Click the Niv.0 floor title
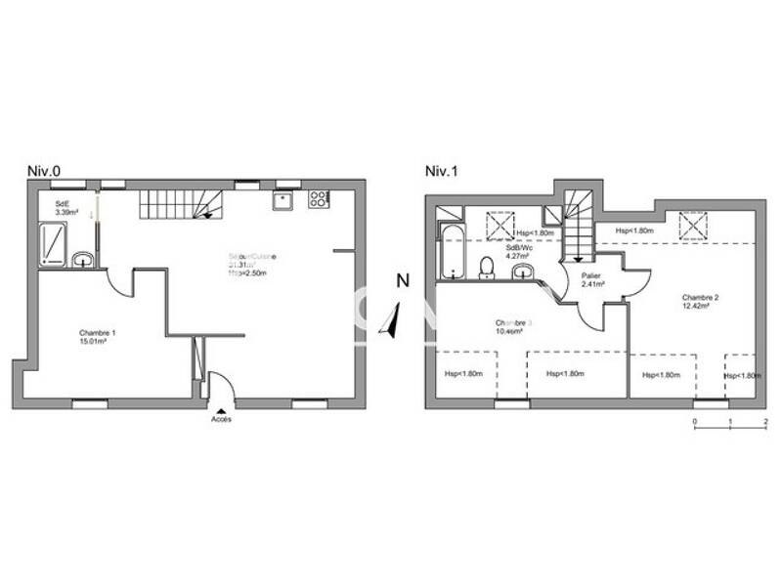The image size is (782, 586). (44, 171)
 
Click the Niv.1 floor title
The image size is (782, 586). (442, 171)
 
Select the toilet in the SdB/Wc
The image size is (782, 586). (486, 267)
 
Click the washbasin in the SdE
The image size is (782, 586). (83, 260)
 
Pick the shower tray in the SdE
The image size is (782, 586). (54, 244)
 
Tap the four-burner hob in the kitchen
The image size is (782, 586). (319, 199)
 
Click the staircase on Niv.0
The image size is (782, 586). (181, 204)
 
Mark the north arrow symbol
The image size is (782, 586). (393, 320)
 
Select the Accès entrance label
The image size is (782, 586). (222, 420)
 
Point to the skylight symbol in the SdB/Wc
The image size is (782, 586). (500, 225)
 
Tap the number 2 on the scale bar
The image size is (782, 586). (765, 422)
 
